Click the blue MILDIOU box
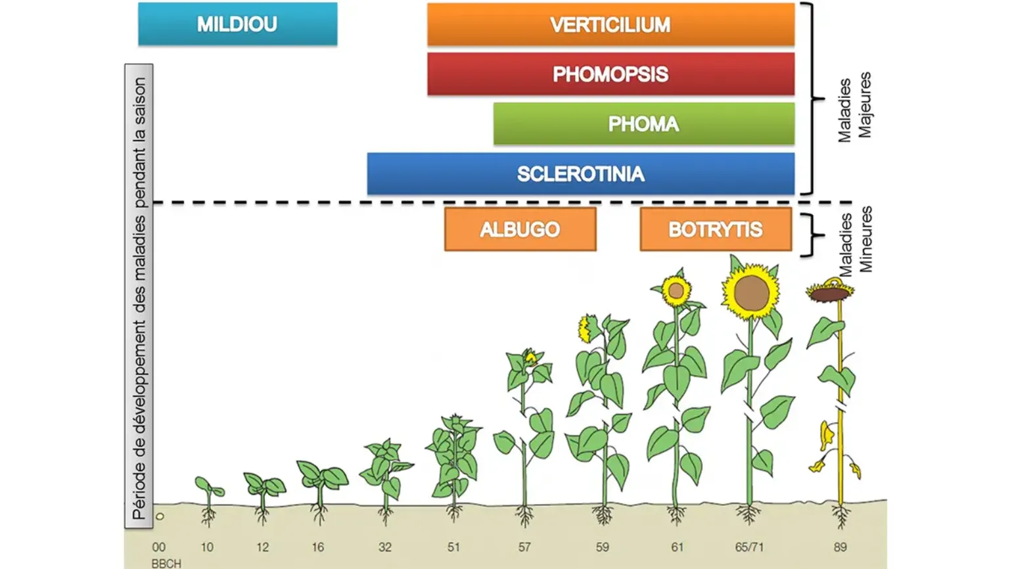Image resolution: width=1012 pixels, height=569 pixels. [x=238, y=24]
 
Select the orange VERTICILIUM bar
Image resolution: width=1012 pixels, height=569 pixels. [x=611, y=24]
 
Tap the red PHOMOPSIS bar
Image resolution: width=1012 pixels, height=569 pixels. [x=611, y=74]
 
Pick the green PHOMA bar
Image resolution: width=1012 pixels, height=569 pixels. [x=644, y=124]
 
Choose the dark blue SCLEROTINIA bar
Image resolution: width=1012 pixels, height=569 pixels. [x=580, y=174]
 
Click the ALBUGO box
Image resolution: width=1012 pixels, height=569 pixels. [x=520, y=229]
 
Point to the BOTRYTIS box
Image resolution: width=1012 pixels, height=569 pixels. [x=716, y=229]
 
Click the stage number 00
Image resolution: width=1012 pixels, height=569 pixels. [x=158, y=547]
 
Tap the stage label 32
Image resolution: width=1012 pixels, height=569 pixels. [x=384, y=547]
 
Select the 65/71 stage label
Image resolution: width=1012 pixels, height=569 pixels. [x=749, y=547]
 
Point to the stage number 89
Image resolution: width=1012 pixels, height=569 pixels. [x=840, y=547]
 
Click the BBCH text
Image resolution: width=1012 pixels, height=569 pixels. [x=166, y=564]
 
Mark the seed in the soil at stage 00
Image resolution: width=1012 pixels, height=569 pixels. [x=160, y=516]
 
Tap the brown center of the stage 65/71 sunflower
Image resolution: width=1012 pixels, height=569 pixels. [x=751, y=294]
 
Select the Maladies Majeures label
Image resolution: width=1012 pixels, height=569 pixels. [x=854, y=108]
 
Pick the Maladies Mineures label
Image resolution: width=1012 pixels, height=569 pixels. [x=855, y=239]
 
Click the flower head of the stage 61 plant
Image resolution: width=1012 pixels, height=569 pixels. [x=676, y=290]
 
